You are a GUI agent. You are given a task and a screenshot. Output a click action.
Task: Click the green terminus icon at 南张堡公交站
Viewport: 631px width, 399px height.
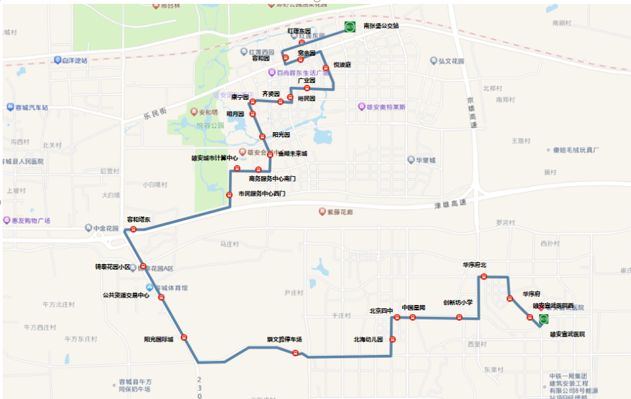click(x=349, y=27)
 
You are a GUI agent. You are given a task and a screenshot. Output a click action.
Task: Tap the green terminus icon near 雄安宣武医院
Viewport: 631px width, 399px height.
click(x=544, y=319)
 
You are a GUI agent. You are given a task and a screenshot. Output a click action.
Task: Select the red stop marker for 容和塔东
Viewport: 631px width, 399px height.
click(x=133, y=229)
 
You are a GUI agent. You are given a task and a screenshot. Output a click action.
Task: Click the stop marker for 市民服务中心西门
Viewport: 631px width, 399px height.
click(x=229, y=195)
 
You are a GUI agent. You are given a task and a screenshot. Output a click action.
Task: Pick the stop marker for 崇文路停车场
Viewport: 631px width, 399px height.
click(x=295, y=353)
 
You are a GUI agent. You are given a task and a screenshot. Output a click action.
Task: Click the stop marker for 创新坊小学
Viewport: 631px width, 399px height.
click(x=459, y=317)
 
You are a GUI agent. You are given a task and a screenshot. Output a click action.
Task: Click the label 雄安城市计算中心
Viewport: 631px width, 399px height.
click(x=214, y=158)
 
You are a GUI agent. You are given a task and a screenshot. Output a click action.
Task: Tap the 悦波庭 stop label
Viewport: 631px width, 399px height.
click(x=342, y=64)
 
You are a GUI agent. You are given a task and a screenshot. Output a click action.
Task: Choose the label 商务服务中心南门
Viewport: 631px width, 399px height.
click(x=272, y=178)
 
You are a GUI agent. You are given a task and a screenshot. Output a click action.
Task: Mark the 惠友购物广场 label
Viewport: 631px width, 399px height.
click(x=32, y=221)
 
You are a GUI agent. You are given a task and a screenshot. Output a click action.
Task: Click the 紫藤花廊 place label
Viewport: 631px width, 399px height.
click(x=340, y=212)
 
